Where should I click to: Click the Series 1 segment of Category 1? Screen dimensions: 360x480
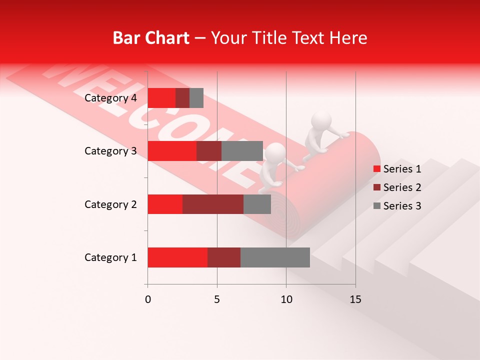177,257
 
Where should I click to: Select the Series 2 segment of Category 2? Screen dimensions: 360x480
213,204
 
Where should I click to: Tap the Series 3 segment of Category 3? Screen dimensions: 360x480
242,151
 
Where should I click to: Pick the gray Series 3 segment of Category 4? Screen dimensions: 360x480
196,98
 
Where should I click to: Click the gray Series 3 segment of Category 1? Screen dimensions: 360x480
275,257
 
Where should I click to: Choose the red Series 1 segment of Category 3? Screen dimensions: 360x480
172,151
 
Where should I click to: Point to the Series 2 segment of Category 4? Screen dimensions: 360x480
182,98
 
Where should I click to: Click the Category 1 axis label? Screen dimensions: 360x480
110,257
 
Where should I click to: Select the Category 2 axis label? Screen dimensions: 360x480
110,204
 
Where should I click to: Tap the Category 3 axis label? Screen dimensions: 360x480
110,151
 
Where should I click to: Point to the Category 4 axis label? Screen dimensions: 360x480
110,98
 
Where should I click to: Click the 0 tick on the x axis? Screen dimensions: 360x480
148,299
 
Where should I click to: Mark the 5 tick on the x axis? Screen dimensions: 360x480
217,299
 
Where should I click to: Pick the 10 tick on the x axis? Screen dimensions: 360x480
286,299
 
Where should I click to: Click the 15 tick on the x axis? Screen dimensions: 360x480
355,299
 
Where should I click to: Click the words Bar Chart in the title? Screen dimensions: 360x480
151,38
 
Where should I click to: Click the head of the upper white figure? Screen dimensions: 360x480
321,121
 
